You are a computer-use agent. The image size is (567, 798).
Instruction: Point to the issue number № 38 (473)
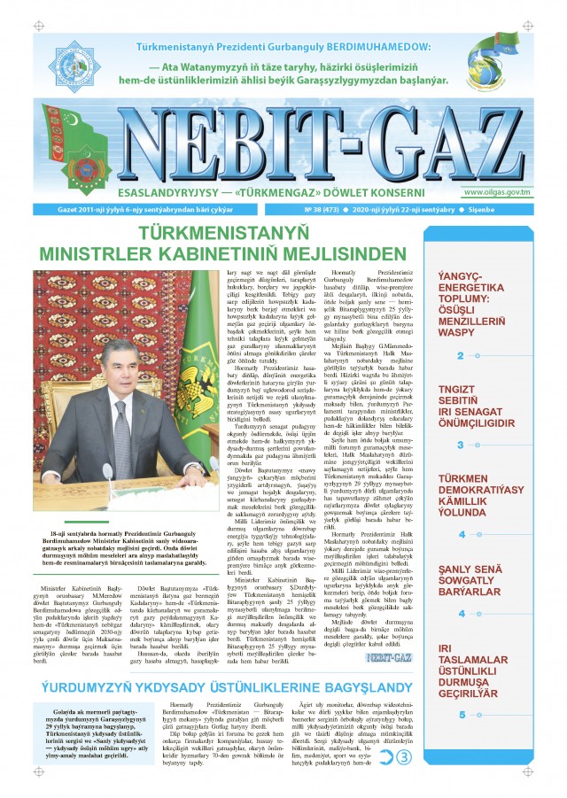click(323, 211)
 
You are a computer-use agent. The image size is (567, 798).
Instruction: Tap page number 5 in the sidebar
click(462, 715)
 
